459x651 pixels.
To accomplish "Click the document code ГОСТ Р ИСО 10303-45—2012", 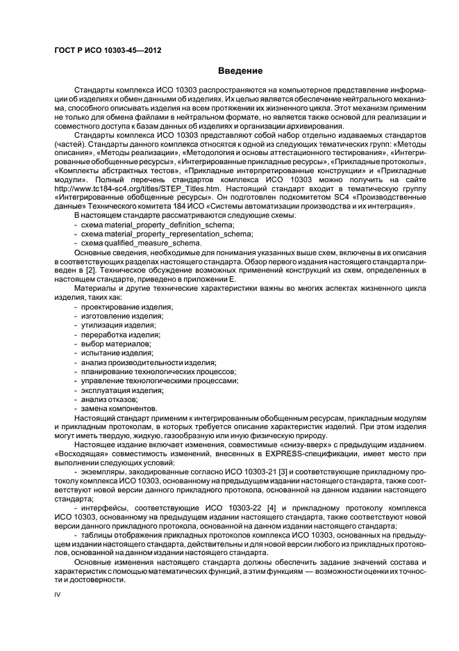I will [x=97, y=51].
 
